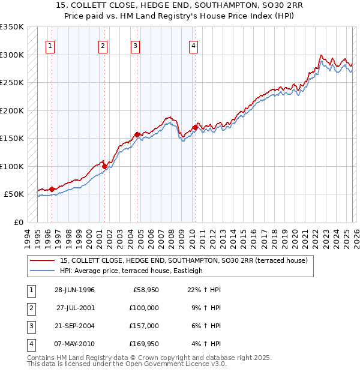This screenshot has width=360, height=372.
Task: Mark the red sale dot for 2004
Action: (137, 134)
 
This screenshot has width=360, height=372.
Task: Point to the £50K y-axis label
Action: (14, 194)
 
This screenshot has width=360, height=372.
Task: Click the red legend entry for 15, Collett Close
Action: (184, 260)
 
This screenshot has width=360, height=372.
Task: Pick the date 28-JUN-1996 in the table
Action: (74, 290)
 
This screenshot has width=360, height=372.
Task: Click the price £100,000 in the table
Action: (144, 307)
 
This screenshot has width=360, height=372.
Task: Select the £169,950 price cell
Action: (144, 344)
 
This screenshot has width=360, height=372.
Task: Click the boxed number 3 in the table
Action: (31, 326)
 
